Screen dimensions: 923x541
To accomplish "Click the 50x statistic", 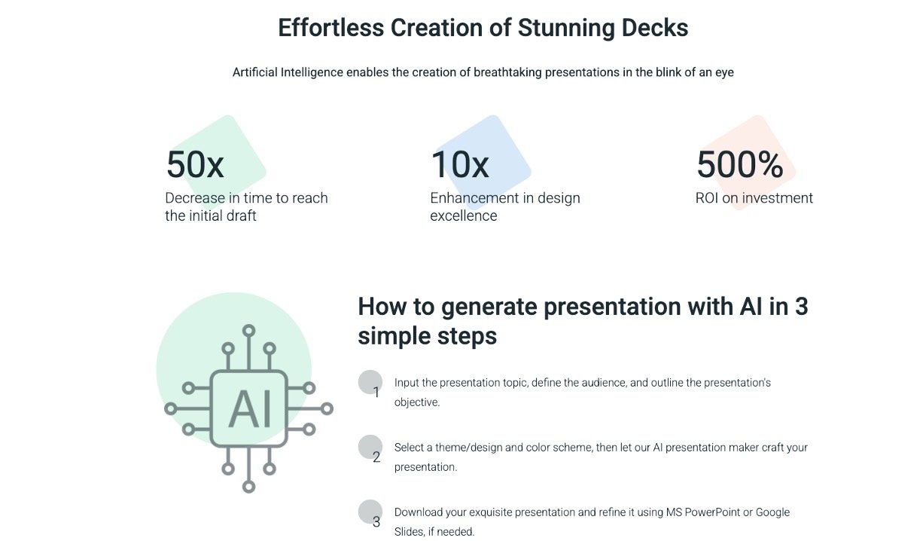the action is click(x=195, y=164).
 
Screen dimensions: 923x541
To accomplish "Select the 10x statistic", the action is click(x=460, y=164).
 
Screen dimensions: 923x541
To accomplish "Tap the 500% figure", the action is click(x=740, y=164).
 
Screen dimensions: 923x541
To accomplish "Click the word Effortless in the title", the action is click(x=331, y=28).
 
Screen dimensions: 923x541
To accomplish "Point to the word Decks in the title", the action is click(x=655, y=28).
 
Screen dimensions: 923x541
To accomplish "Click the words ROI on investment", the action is click(x=754, y=198).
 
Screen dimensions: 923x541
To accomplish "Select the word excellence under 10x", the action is click(x=464, y=215).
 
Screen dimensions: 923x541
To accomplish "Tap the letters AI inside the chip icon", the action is click(x=250, y=408).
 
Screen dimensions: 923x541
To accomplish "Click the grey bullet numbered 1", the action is click(x=370, y=382).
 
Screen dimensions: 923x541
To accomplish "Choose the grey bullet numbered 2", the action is click(x=370, y=447).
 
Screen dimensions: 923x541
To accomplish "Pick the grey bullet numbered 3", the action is click(x=370, y=512).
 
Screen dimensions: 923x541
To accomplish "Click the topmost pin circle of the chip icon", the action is click(x=248, y=331).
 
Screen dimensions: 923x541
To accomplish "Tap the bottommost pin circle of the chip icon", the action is click(x=248, y=487).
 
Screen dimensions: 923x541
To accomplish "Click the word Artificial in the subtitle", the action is click(x=254, y=72).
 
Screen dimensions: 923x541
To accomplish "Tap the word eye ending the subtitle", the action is click(x=724, y=73).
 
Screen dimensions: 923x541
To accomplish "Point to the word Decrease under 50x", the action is click(x=195, y=198).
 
